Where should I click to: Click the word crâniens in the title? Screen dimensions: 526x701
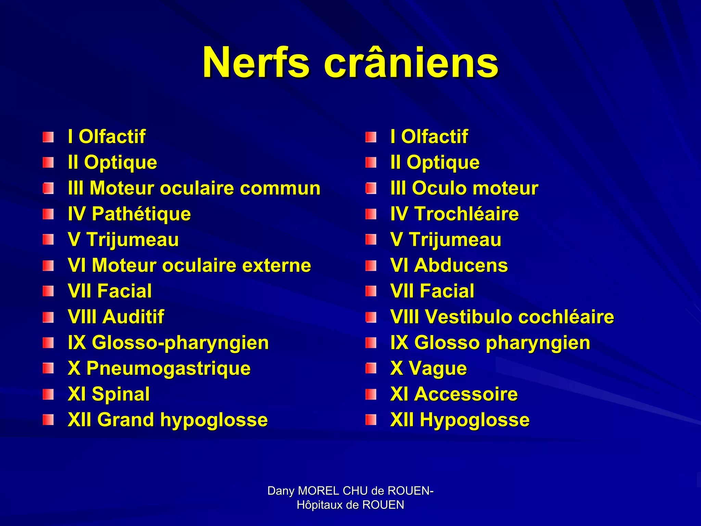[411, 63]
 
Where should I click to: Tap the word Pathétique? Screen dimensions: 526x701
[141, 214]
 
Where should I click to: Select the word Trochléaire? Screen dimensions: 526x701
[467, 214]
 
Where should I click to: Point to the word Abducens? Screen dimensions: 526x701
[461, 266]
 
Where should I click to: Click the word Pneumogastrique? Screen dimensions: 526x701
[168, 369]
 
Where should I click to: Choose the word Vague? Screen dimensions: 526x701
[438, 369]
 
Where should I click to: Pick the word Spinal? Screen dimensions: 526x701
[120, 394]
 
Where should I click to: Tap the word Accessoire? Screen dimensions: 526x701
[466, 394]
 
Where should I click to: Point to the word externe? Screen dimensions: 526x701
[277, 266]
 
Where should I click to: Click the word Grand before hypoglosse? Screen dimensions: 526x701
[126, 420]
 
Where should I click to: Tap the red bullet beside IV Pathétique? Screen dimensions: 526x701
[48, 215]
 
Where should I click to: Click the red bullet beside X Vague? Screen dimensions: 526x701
[371, 369]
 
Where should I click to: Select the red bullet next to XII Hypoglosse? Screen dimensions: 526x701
[371, 420]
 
